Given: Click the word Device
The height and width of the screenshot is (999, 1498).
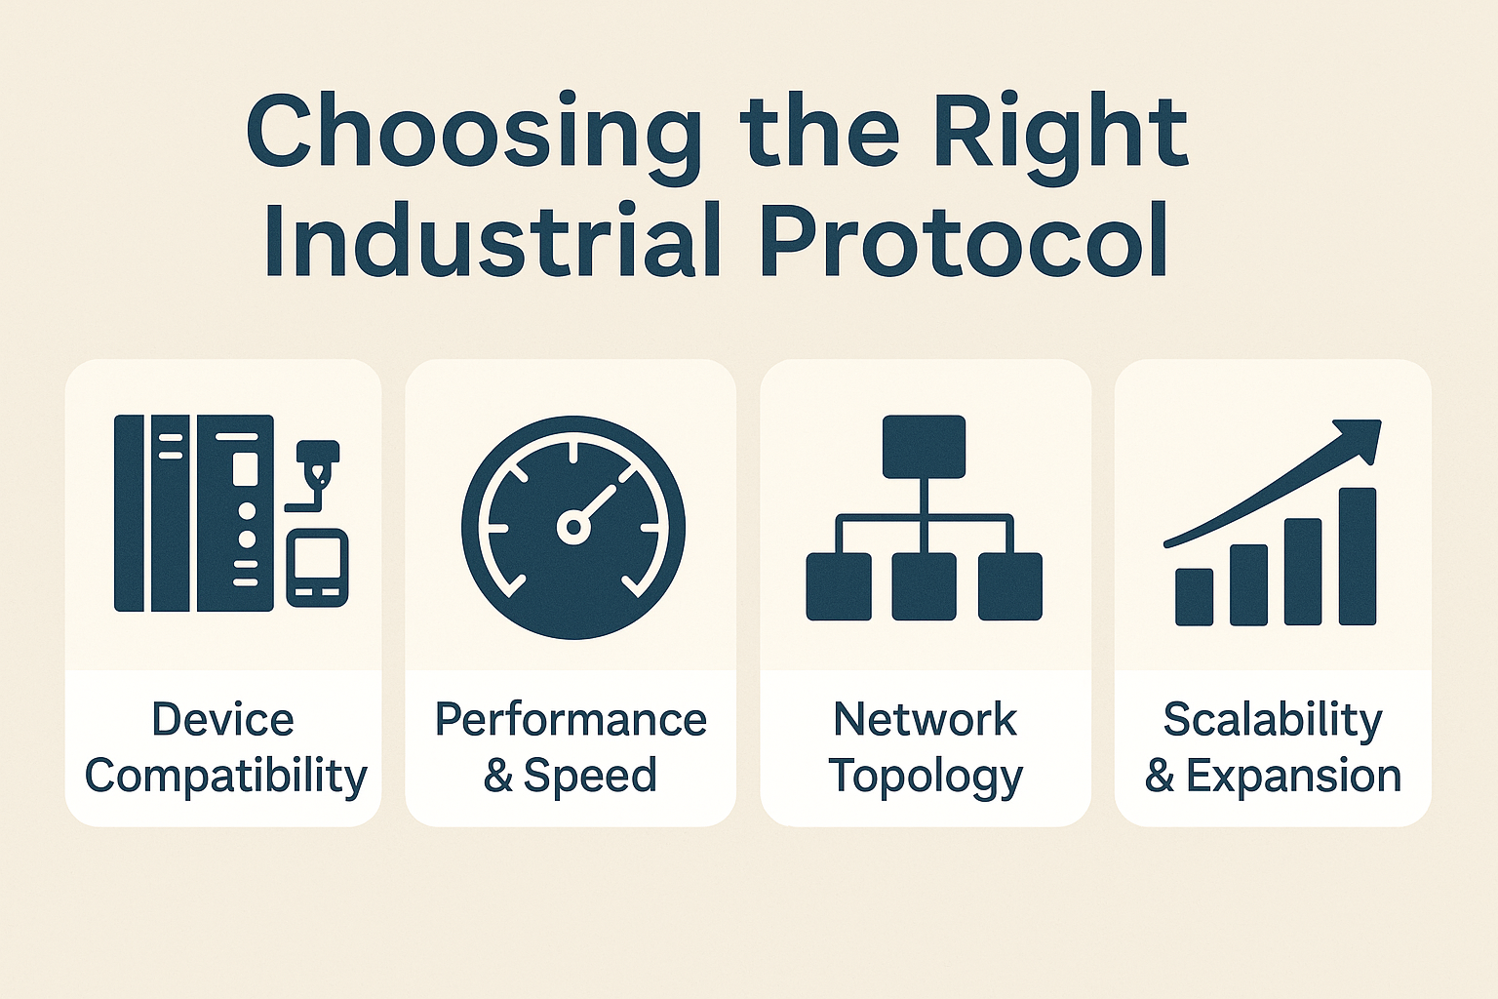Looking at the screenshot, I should tap(222, 720).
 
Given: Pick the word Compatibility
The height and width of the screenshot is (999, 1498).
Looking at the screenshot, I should tap(225, 777).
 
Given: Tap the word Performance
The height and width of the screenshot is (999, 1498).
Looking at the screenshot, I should tap(571, 720).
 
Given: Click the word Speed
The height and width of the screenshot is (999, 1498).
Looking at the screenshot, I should tap(590, 776).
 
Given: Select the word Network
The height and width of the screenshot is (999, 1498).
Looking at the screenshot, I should tap(925, 720).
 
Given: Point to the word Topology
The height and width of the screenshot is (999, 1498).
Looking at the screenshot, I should tap(925, 778).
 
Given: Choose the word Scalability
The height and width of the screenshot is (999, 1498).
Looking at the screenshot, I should tap(1273, 720).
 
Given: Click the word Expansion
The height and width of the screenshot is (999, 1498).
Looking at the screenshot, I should tap(1293, 776).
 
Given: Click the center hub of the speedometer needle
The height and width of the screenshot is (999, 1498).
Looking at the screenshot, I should tap(573, 528).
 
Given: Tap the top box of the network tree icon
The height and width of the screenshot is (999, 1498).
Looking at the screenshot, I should tap(924, 447).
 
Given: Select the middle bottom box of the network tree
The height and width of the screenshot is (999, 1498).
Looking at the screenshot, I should tap(924, 586).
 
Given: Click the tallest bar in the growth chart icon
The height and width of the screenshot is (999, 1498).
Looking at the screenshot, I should tap(1357, 556).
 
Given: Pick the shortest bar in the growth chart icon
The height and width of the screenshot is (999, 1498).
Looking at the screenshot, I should tap(1194, 596).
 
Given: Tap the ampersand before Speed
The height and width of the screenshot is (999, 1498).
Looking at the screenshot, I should tap(497, 776).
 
